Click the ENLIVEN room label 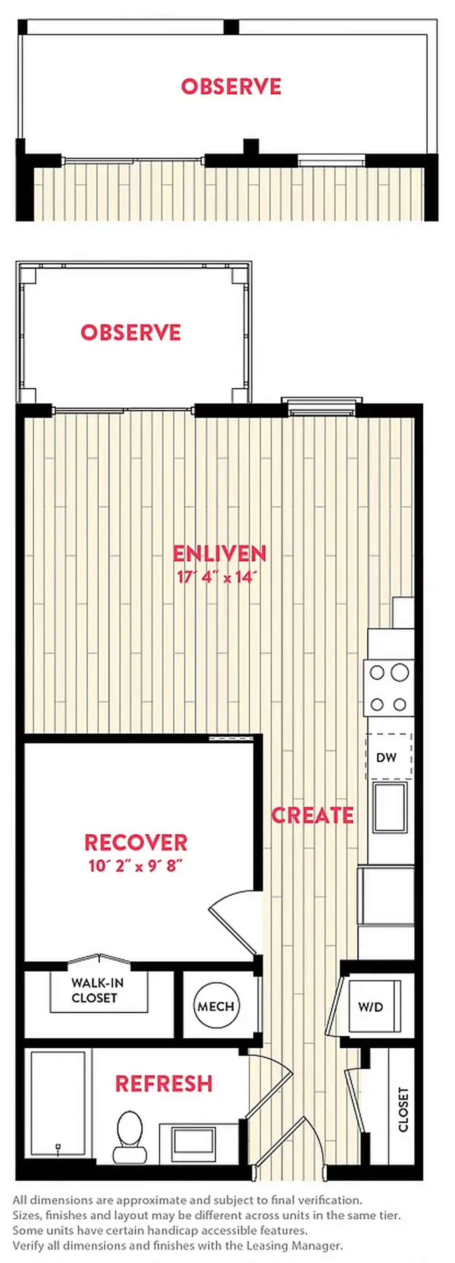click(x=219, y=553)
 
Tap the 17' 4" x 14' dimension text click(x=217, y=577)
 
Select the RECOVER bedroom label click(x=136, y=843)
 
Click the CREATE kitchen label click(x=312, y=815)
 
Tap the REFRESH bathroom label click(x=164, y=1084)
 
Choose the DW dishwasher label click(x=386, y=757)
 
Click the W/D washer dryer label click(x=370, y=1007)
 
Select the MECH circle click(x=216, y=1006)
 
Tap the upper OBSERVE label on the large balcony click(x=231, y=86)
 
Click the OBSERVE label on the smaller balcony click(x=131, y=332)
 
